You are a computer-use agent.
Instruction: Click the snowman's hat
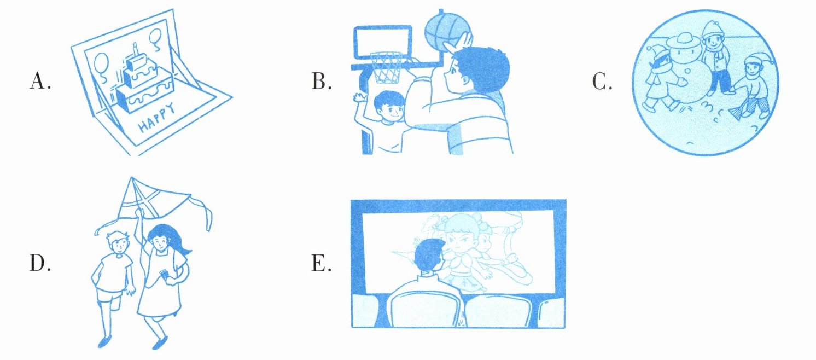point(684,40)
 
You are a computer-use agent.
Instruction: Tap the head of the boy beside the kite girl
point(118,243)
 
